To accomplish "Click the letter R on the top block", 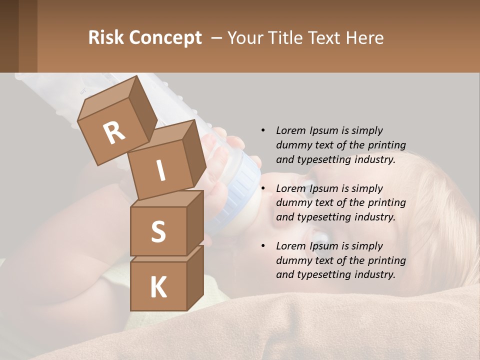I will click(114, 133).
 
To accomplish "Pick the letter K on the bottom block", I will click(158, 287).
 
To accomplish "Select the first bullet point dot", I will click(263, 130).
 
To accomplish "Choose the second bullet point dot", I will click(263, 188).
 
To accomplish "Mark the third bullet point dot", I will click(263, 246).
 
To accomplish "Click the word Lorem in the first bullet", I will click(291, 130).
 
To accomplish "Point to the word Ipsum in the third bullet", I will click(324, 246).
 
